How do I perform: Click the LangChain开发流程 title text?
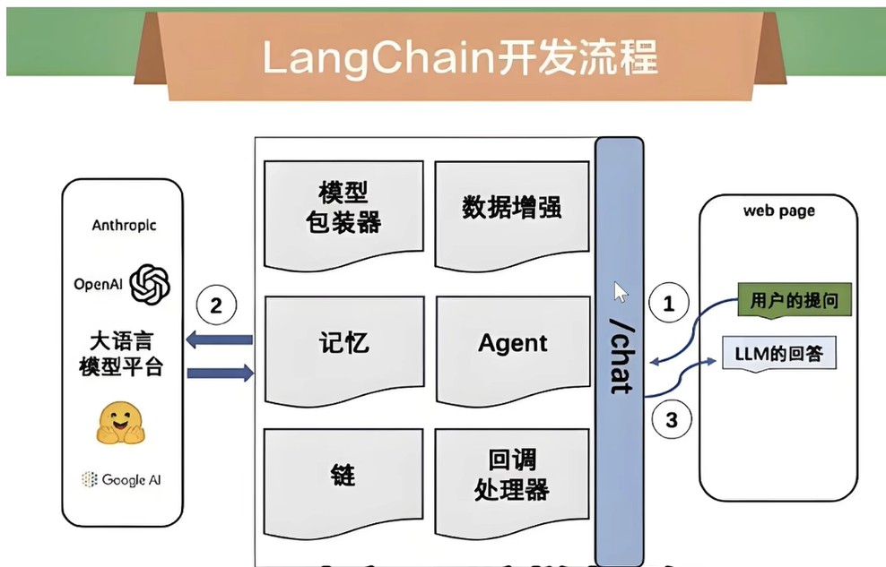(459, 57)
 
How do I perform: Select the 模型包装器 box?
(343, 213)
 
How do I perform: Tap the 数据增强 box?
(512, 213)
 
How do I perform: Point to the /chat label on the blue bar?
(622, 356)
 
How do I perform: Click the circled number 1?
(668, 303)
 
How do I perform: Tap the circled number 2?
(216, 305)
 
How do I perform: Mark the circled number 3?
(672, 420)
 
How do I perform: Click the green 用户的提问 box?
(795, 300)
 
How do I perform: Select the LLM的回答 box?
(779, 354)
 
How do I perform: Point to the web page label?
(779, 211)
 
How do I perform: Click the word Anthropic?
(124, 225)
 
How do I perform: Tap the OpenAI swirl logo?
(150, 284)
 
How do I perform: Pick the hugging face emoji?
(120, 423)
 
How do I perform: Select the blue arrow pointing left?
(219, 339)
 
